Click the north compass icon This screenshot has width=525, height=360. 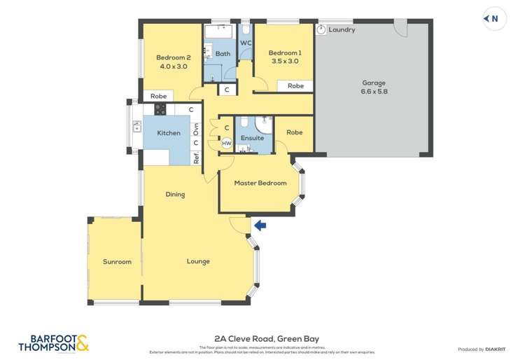pos(493,19)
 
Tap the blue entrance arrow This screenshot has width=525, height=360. pos(260,225)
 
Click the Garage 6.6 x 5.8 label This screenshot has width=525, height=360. pos(374,87)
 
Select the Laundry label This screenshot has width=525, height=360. pos(342,30)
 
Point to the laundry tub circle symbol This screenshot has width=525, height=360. pos(321,29)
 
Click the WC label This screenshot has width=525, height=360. pos(246,43)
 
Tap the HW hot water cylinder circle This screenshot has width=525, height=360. pos(226,143)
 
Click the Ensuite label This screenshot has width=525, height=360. pos(252,138)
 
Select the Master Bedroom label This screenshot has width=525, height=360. pos(260,184)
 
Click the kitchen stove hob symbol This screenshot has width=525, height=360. pos(160,109)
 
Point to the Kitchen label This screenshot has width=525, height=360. pos(168,133)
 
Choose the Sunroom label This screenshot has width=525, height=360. pos(117,262)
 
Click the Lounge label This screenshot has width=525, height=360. pos(198,262)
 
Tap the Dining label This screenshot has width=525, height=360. pos(175,195)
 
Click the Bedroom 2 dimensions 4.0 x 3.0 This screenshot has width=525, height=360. pos(173,67)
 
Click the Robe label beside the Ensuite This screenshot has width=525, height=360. pos(294,132)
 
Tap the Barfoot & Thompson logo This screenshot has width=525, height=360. pos(53,342)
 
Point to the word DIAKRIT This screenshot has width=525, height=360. pos(496,349)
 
